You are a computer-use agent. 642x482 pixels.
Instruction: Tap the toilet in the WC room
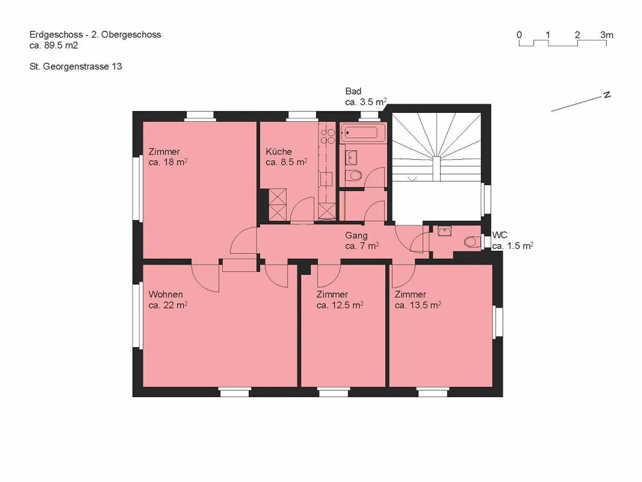[472, 242]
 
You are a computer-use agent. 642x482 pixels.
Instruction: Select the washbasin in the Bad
[351, 158]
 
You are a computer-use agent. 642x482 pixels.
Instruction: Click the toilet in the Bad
[353, 175]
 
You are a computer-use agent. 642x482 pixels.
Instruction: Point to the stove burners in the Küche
[328, 137]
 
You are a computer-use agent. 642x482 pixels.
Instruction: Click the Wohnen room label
[165, 294]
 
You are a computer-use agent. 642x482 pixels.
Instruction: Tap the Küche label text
[279, 152]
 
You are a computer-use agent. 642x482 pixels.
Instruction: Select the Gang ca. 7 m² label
[362, 241]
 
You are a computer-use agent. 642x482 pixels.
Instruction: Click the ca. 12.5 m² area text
[340, 305]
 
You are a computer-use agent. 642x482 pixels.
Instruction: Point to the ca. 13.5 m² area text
[418, 305]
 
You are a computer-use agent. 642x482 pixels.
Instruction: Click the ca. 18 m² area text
[168, 162]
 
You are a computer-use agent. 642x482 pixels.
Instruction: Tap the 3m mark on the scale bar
[607, 35]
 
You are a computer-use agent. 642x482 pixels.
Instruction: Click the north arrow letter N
[607, 96]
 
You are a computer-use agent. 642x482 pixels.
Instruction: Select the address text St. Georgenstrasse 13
[75, 66]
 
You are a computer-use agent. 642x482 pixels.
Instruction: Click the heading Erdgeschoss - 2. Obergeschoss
[95, 34]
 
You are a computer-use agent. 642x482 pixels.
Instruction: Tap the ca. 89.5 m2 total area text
[53, 46]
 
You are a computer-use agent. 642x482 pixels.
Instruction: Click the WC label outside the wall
[500, 235]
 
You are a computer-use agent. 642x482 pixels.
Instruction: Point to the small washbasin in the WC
[444, 231]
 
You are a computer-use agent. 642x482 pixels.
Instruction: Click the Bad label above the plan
[353, 91]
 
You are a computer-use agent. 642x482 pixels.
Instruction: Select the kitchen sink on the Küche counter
[326, 179]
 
